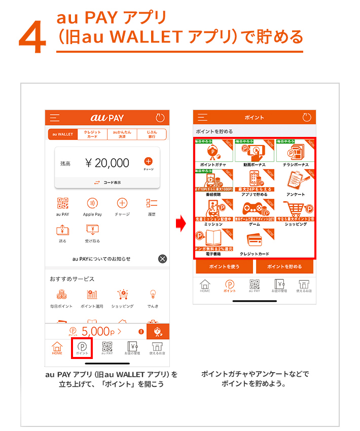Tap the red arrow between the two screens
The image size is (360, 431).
pyautogui.click(x=179, y=224)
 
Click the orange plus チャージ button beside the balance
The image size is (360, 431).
pyautogui.click(x=148, y=162)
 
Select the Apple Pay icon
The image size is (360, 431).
pyautogui.click(x=92, y=204)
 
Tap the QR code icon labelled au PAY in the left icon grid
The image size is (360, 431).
pyautogui.click(x=62, y=204)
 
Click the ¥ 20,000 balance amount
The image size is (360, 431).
pyautogui.click(x=107, y=163)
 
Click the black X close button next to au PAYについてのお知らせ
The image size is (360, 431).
pyautogui.click(x=162, y=259)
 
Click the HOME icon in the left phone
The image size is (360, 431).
pyautogui.click(x=57, y=349)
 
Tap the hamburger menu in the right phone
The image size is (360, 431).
pyautogui.click(x=203, y=118)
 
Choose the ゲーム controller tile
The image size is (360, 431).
pyautogui.click(x=255, y=211)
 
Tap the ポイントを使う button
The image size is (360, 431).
pyautogui.click(x=225, y=266)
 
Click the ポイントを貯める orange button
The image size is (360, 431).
pyautogui.click(x=284, y=266)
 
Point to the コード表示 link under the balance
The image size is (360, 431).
pyautogui.click(x=107, y=182)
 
